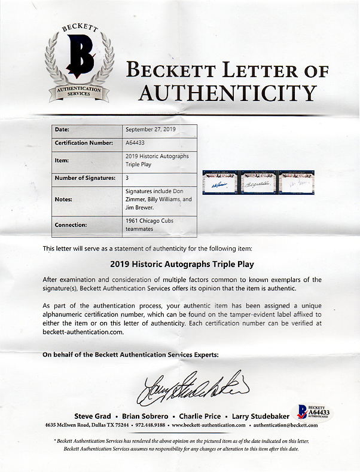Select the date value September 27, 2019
[151, 129]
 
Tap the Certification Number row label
[84, 143]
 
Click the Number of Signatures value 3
[127, 177]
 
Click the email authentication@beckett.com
[283, 425]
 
